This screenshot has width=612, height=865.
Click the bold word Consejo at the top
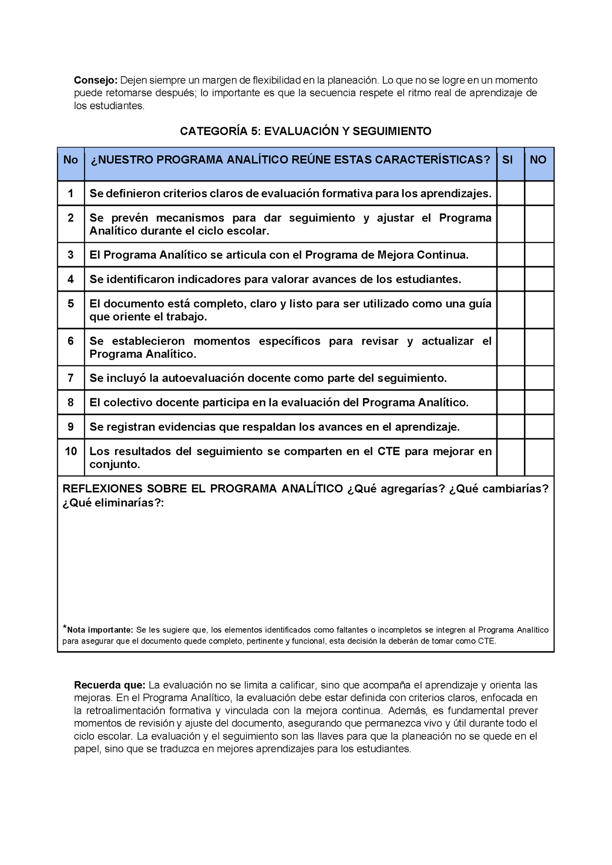point(95,80)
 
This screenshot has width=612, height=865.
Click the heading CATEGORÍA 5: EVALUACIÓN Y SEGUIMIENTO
point(305,131)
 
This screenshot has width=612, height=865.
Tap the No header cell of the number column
point(71,160)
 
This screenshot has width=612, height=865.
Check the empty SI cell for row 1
point(510,193)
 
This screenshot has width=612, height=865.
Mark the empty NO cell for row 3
point(539,255)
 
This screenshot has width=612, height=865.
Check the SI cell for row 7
point(510,378)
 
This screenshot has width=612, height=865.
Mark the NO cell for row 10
point(539,457)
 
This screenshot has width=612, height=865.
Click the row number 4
point(71,279)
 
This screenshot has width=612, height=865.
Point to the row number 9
point(71,427)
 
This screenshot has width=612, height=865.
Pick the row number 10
point(71,451)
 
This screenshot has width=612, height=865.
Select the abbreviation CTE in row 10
point(388,451)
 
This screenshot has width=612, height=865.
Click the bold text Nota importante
point(100,630)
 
